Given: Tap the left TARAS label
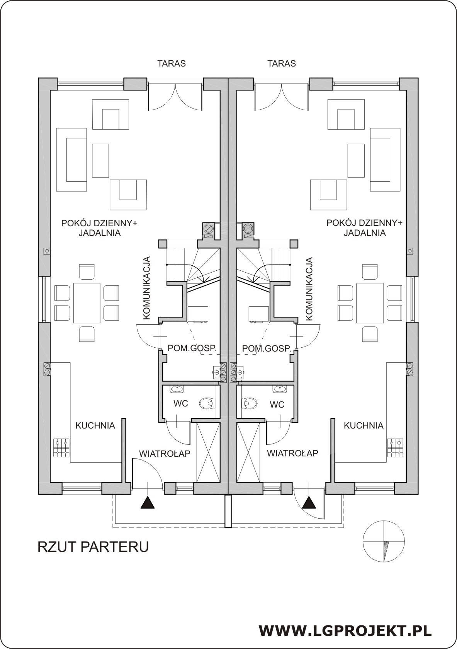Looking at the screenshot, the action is point(172,63).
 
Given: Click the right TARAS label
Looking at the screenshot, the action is point(282,63).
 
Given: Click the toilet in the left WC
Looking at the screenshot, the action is point(208,403).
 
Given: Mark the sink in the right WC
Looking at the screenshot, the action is point(279,389).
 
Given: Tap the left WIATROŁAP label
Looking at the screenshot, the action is point(165,454).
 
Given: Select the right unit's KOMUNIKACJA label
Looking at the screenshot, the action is point(310,288).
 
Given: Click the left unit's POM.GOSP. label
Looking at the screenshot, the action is point(192,348).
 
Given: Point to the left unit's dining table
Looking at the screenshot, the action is point(87,303).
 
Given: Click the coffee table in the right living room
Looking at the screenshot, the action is point(356,161).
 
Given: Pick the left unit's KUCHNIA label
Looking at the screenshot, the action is point(95,425).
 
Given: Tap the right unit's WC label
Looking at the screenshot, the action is point(277,405).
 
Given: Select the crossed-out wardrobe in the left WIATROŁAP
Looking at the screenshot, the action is point(208,446).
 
